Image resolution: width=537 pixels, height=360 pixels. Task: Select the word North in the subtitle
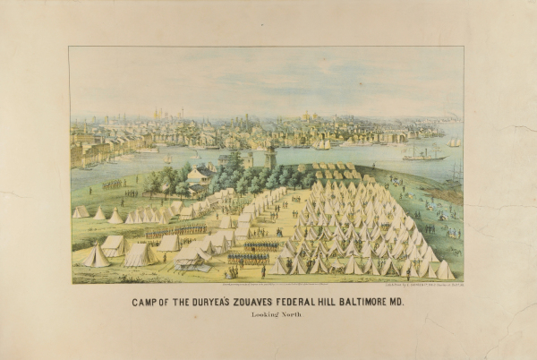click(x=291, y=317)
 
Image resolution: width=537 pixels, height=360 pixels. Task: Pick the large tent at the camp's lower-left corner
click(x=96, y=256)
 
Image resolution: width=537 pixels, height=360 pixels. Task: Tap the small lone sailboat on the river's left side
click(x=166, y=159)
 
